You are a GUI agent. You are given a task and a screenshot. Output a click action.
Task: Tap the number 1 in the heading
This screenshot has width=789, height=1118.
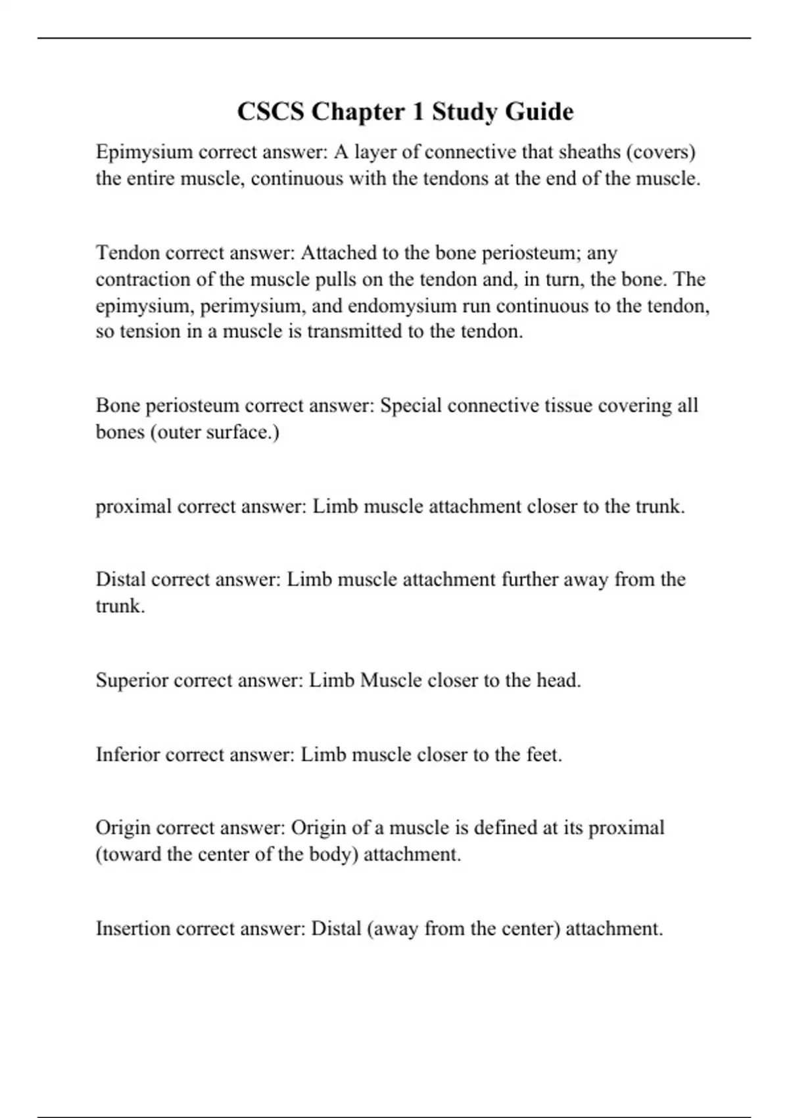tap(418, 112)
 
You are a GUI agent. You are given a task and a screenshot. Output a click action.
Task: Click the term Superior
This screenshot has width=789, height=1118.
tap(132, 680)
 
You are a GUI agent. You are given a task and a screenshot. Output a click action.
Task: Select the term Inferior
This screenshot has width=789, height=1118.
tap(128, 754)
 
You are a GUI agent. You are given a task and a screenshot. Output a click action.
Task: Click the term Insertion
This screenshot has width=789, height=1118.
tap(133, 929)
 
